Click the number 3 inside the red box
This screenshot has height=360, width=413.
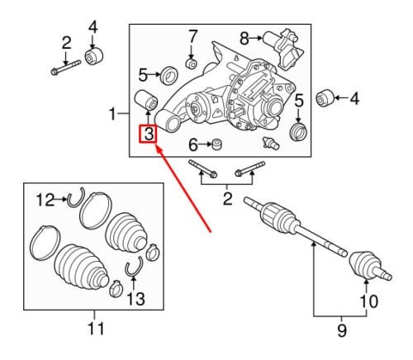click(149, 135)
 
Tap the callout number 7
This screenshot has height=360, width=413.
click(192, 37)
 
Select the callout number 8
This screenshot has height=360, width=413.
click(244, 39)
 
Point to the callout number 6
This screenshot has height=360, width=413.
click(193, 144)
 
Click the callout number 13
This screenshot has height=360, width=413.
click(136, 299)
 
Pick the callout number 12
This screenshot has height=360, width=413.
click(45, 200)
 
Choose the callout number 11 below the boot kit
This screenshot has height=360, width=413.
click(96, 328)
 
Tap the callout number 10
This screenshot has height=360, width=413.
click(368, 301)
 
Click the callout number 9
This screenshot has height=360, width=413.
click(342, 330)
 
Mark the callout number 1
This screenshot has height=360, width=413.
click(112, 114)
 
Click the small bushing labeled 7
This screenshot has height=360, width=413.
click(192, 64)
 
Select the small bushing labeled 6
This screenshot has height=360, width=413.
click(216, 144)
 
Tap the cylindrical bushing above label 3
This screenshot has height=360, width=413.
click(145, 100)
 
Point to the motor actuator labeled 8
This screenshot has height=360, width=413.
click(282, 47)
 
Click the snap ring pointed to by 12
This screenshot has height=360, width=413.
click(75, 197)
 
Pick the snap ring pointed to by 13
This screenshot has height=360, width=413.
click(135, 267)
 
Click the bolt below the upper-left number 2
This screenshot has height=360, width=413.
click(66, 68)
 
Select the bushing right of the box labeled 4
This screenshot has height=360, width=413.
click(325, 97)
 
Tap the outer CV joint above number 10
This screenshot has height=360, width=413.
click(370, 267)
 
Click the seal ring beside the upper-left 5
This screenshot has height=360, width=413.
click(169, 75)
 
